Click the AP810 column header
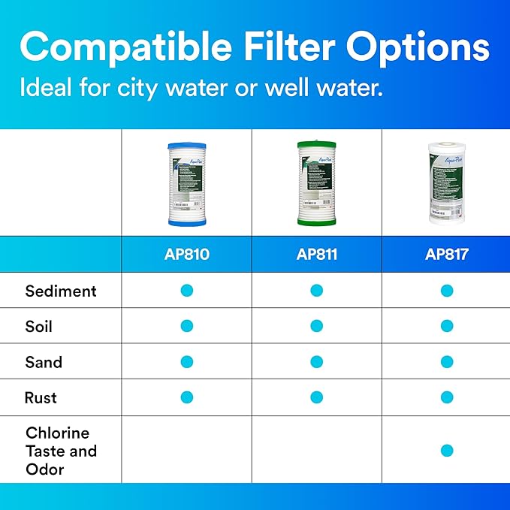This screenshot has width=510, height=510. [186, 254]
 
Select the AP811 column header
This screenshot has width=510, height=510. [316, 254]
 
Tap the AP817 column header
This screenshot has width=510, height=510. [446, 254]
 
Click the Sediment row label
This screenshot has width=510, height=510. [61, 291]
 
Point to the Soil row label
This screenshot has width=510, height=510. [39, 326]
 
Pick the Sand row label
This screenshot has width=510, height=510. [44, 362]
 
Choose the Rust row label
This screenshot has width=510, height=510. [41, 397]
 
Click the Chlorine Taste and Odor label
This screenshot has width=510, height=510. [61, 451]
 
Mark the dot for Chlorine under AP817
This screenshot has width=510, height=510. [447, 451]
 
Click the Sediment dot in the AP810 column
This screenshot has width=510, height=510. [187, 291]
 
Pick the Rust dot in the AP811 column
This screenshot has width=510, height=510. [316, 397]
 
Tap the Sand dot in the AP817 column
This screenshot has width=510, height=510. [447, 362]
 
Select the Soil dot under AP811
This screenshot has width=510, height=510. [316, 326]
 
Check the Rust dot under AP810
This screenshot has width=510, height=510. [187, 397]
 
